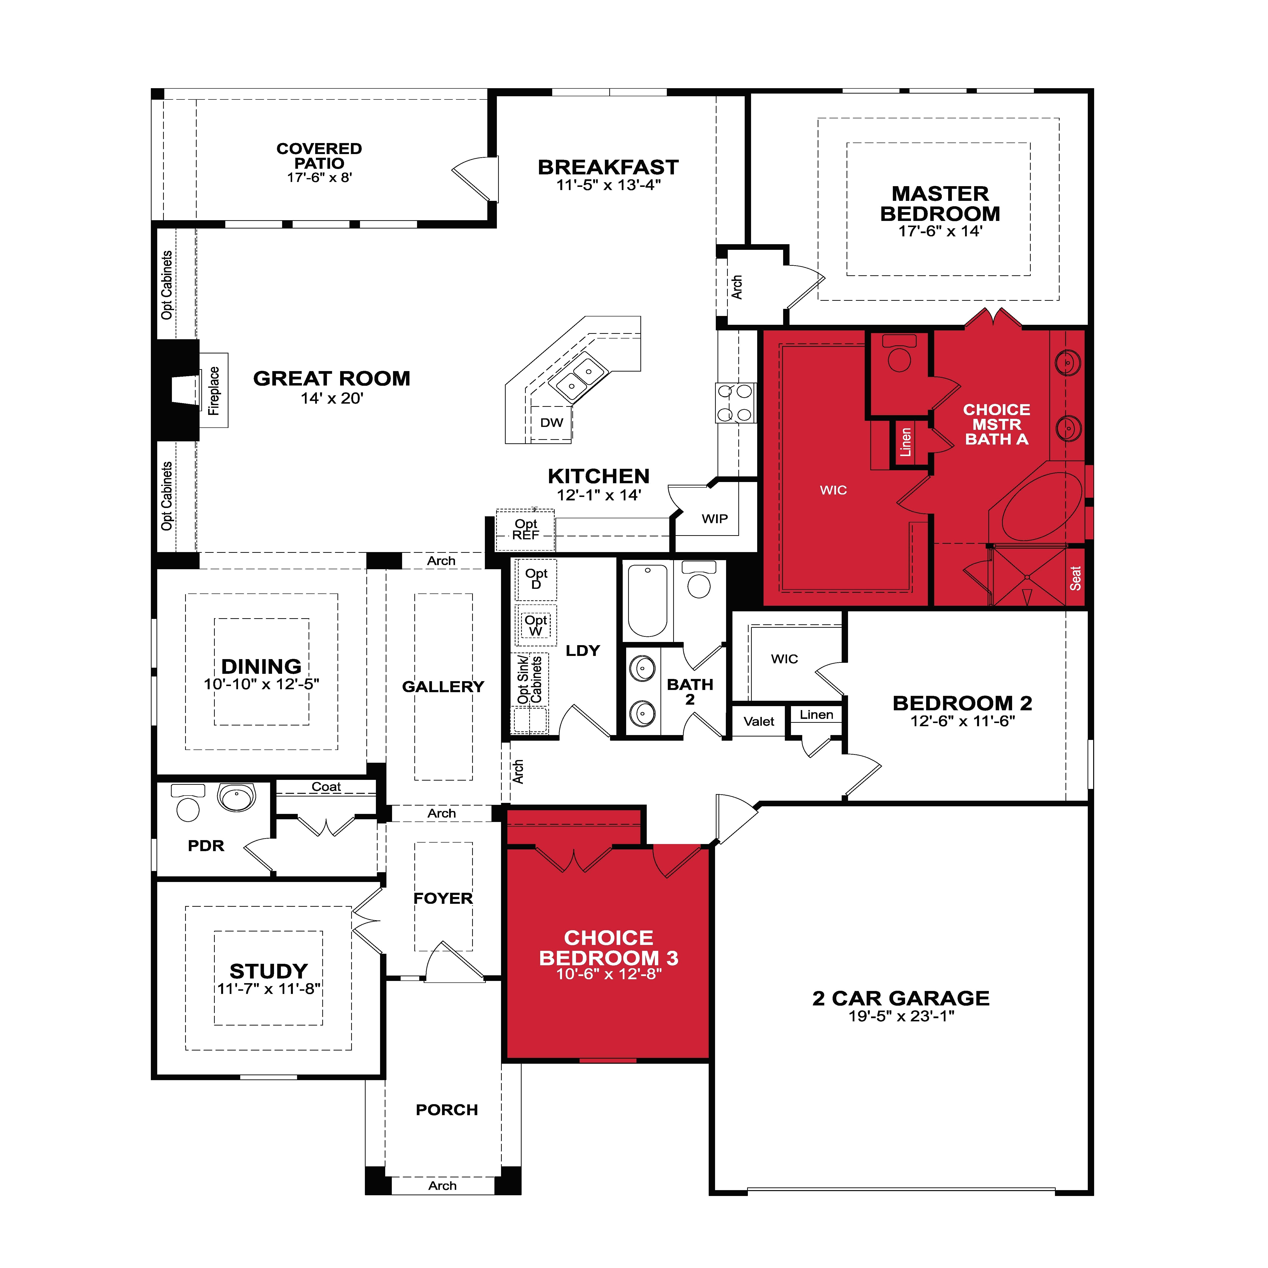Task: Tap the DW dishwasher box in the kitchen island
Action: [551, 423]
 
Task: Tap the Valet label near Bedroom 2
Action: [759, 721]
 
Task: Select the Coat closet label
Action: [326, 786]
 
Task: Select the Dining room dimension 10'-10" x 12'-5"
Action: [261, 684]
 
